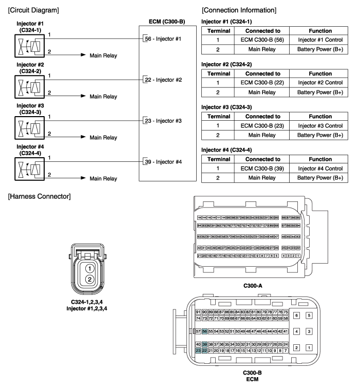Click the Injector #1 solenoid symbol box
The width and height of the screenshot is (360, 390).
(25, 45)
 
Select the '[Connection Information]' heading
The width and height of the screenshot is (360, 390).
(239, 10)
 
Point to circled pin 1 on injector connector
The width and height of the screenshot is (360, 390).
(89, 268)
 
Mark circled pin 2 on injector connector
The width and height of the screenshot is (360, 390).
(89, 280)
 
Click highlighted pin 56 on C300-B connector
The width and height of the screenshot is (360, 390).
(204, 332)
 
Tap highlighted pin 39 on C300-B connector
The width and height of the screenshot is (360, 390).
(204, 344)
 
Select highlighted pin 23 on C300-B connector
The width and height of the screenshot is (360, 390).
(198, 350)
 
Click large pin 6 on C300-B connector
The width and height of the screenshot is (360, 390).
(296, 315)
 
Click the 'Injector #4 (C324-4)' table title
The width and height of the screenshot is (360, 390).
(228, 149)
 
